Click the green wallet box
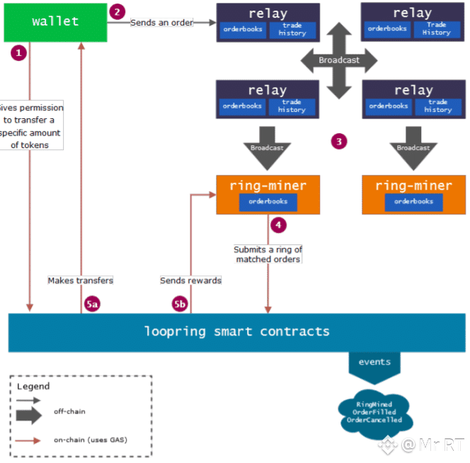point(55,22)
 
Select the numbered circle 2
point(117,11)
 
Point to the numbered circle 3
point(340,141)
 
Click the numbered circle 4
point(279,225)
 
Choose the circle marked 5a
point(92,304)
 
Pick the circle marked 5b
point(180,304)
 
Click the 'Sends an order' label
point(161,23)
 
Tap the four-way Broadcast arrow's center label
point(339,60)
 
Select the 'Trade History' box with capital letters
point(437,29)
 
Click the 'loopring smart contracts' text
point(237,331)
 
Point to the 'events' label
point(374,362)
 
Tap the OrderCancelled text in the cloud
point(374,420)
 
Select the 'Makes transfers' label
point(80,280)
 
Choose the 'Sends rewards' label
point(190,280)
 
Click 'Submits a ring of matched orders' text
point(268,254)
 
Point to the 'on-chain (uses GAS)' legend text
point(90,440)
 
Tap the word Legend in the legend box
point(33,387)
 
